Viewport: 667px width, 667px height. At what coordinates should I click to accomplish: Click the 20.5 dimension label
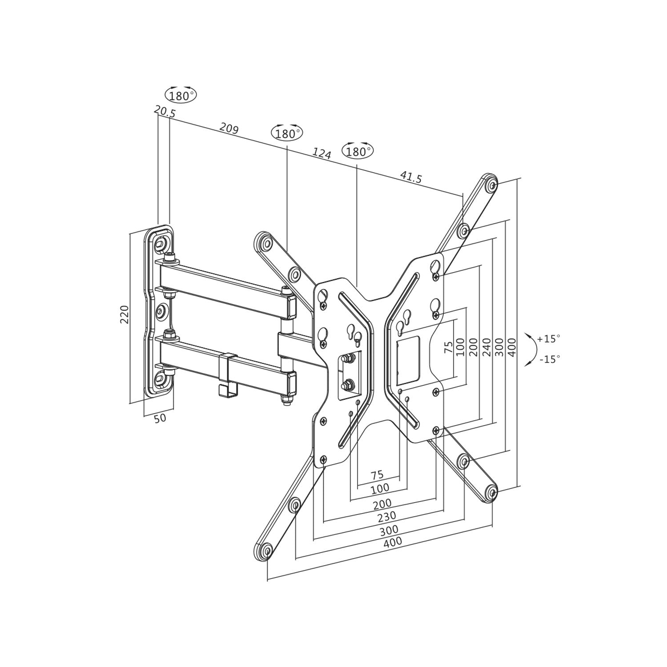tap(165, 112)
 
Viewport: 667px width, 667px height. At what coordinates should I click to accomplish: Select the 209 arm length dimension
tap(229, 129)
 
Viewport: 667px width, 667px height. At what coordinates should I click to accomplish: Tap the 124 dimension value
tap(321, 153)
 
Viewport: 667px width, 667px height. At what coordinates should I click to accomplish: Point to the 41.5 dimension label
tap(411, 177)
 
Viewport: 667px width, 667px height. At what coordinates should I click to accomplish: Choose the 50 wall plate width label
tap(160, 418)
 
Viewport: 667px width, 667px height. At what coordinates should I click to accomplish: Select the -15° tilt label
tap(550, 359)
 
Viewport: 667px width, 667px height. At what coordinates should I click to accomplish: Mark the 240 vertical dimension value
tap(486, 347)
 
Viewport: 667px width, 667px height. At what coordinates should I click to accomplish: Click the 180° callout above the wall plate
tap(181, 95)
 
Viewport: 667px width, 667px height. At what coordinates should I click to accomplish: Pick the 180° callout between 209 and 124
tap(287, 133)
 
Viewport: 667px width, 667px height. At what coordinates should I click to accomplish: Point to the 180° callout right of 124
tap(358, 151)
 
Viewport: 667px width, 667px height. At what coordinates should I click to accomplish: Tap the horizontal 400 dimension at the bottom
tap(393, 542)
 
